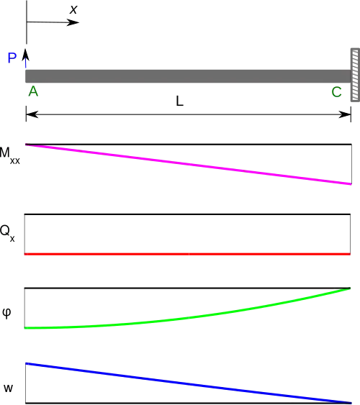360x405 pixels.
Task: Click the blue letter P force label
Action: [x=12, y=58]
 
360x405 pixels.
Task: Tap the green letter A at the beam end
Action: [x=33, y=91]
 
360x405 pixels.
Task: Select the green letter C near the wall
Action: [x=336, y=92]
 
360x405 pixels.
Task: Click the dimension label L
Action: [x=179, y=101]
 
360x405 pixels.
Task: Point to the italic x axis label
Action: [x=73, y=10]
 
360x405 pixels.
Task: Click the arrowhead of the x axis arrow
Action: [x=73, y=22]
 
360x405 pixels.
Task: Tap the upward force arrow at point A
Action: [x=26, y=58]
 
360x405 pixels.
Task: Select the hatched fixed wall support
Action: [x=355, y=75]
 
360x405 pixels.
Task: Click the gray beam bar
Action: [x=188, y=76]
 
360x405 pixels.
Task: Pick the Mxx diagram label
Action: [x=10, y=155]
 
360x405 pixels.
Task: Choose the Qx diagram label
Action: [x=7, y=233]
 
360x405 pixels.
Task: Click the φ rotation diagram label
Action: [x=6, y=312]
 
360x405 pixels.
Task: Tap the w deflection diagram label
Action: [x=8, y=388]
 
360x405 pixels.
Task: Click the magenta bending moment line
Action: [x=189, y=164]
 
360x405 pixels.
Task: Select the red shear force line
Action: [x=187, y=254]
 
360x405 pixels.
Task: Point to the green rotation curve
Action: [x=188, y=318]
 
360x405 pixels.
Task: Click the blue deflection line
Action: [x=189, y=383]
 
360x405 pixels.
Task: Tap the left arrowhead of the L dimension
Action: [x=32, y=114]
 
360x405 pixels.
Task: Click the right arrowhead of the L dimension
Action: [x=345, y=114]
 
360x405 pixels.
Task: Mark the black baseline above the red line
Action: [x=187, y=214]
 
